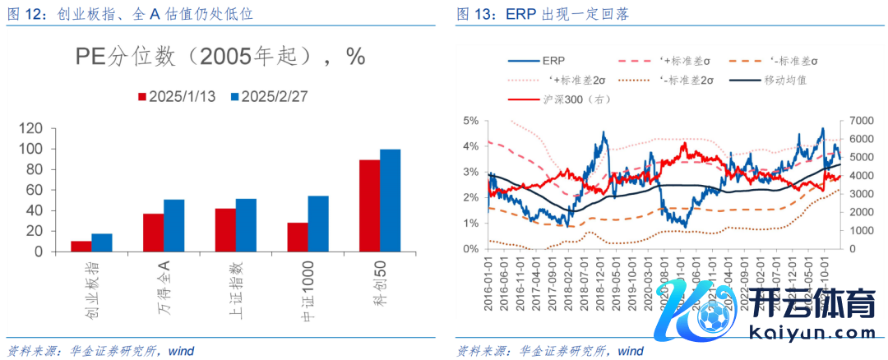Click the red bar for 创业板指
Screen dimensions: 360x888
[x=81, y=246]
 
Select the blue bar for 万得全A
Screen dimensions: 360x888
[x=173, y=225]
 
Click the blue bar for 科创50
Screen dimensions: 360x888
[x=390, y=200]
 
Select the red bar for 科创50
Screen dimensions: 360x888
[x=369, y=205]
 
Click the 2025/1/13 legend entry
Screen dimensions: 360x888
[x=175, y=96]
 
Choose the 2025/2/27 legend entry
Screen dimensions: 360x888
[x=267, y=96]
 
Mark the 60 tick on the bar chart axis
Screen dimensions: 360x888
[x=35, y=190]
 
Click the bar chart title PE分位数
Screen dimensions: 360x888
[x=220, y=56]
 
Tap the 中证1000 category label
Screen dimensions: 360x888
[x=309, y=292]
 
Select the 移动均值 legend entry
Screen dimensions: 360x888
[x=768, y=80]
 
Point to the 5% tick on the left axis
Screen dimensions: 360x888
[x=470, y=121]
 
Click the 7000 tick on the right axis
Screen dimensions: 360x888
[x=858, y=121]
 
